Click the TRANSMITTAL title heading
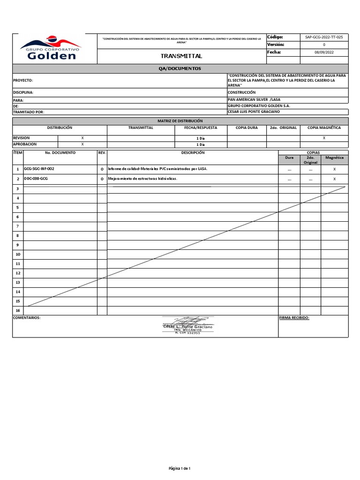[181, 56]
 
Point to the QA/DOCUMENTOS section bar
[180, 68]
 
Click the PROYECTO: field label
[23, 81]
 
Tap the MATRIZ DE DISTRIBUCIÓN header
[180, 121]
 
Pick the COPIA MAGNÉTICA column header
[324, 127]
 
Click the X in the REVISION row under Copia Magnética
[324, 138]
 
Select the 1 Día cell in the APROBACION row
[200, 145]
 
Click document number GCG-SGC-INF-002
[42, 168]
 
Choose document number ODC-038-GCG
[36, 179]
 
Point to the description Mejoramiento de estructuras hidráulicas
[143, 179]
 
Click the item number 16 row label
[18, 310]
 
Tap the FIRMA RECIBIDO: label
[294, 317]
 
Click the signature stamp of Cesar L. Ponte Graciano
[187, 325]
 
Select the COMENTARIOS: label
[27, 317]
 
